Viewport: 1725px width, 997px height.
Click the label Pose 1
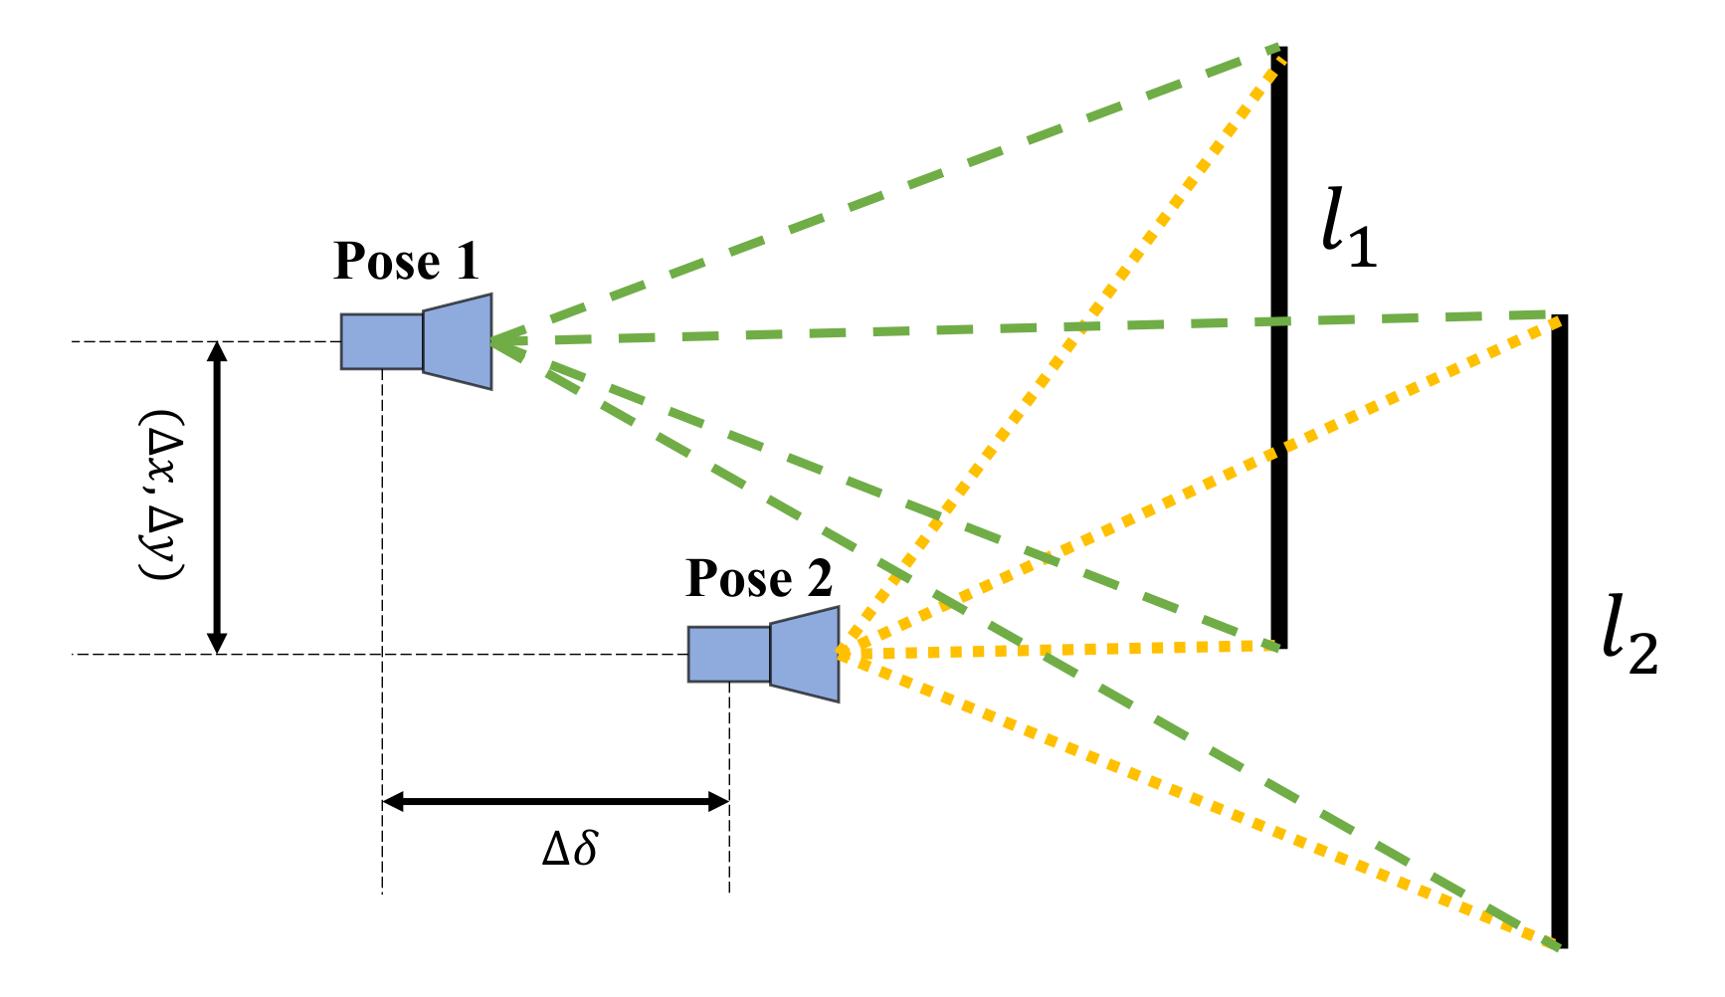point(406,262)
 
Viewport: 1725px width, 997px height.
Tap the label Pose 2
point(758,578)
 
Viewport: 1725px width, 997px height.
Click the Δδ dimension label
point(570,849)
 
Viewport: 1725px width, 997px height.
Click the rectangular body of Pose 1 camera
point(382,341)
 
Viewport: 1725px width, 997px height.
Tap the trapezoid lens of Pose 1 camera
point(458,341)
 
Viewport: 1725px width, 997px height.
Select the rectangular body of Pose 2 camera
point(729,654)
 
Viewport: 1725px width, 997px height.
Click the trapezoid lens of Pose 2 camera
point(805,654)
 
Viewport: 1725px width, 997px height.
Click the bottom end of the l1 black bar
point(1278,644)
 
